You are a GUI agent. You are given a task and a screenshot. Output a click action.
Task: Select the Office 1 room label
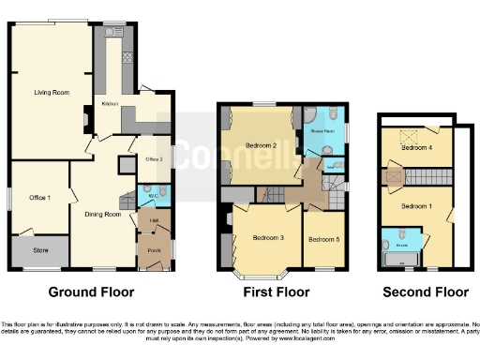click(x=38, y=197)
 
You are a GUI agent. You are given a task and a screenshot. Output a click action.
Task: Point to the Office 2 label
click(x=154, y=158)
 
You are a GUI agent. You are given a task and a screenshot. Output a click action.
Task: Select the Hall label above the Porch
click(x=153, y=220)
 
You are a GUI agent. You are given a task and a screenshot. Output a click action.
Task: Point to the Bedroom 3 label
click(x=268, y=237)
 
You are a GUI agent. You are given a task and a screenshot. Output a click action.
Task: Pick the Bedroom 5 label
click(x=324, y=237)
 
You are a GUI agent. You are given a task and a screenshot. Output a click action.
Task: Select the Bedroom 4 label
click(x=417, y=147)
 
